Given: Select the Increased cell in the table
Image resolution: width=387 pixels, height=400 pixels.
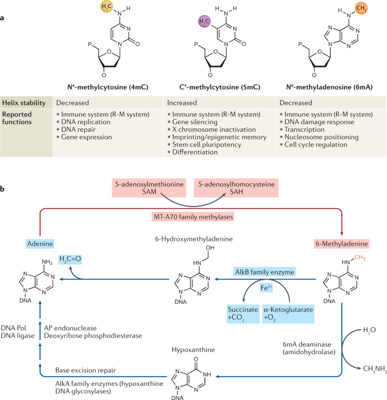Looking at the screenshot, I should click(x=182, y=103).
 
